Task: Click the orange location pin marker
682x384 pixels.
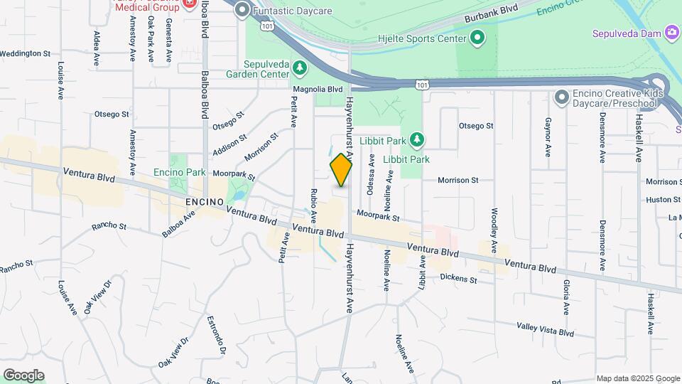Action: tap(341, 169)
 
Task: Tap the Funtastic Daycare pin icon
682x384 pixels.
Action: tap(242, 10)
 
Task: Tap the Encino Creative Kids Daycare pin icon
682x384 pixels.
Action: tap(562, 97)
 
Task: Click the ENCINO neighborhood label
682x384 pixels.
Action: tap(204, 202)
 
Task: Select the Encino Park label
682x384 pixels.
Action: tap(179, 172)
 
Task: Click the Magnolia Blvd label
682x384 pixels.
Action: tap(318, 90)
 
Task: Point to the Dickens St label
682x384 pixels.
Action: tap(458, 279)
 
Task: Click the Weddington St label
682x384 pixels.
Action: tap(26, 53)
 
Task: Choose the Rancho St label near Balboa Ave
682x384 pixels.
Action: tap(109, 227)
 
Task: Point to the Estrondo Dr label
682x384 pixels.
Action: tap(216, 336)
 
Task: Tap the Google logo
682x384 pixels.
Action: tap(23, 375)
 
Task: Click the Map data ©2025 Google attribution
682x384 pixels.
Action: tap(638, 378)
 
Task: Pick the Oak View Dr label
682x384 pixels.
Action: tap(99, 296)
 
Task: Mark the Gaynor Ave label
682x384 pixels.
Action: tap(548, 137)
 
